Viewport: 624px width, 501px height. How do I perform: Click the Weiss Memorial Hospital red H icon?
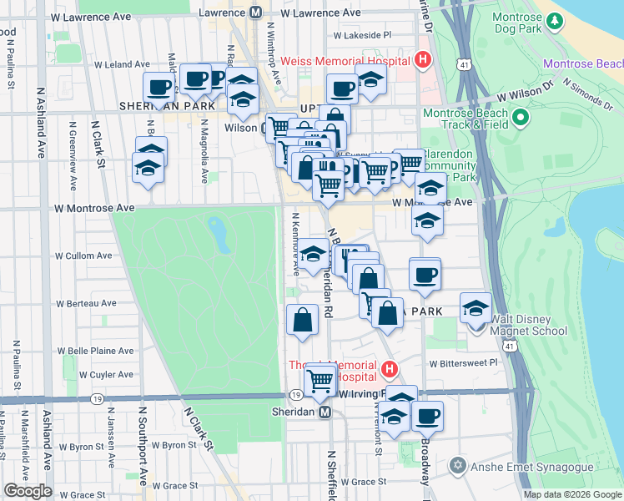click(423, 60)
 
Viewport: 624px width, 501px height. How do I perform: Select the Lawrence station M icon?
click(255, 13)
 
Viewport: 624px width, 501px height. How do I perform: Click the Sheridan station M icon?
click(325, 412)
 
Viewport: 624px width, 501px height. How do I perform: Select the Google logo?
click(28, 491)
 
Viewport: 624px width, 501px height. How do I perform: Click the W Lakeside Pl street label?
click(362, 35)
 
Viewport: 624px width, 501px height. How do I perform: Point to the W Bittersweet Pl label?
click(463, 363)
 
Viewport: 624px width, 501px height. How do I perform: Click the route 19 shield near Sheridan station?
click(296, 394)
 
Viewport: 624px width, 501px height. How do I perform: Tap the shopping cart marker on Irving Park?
click(321, 380)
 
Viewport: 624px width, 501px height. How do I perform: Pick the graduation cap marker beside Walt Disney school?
click(476, 308)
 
